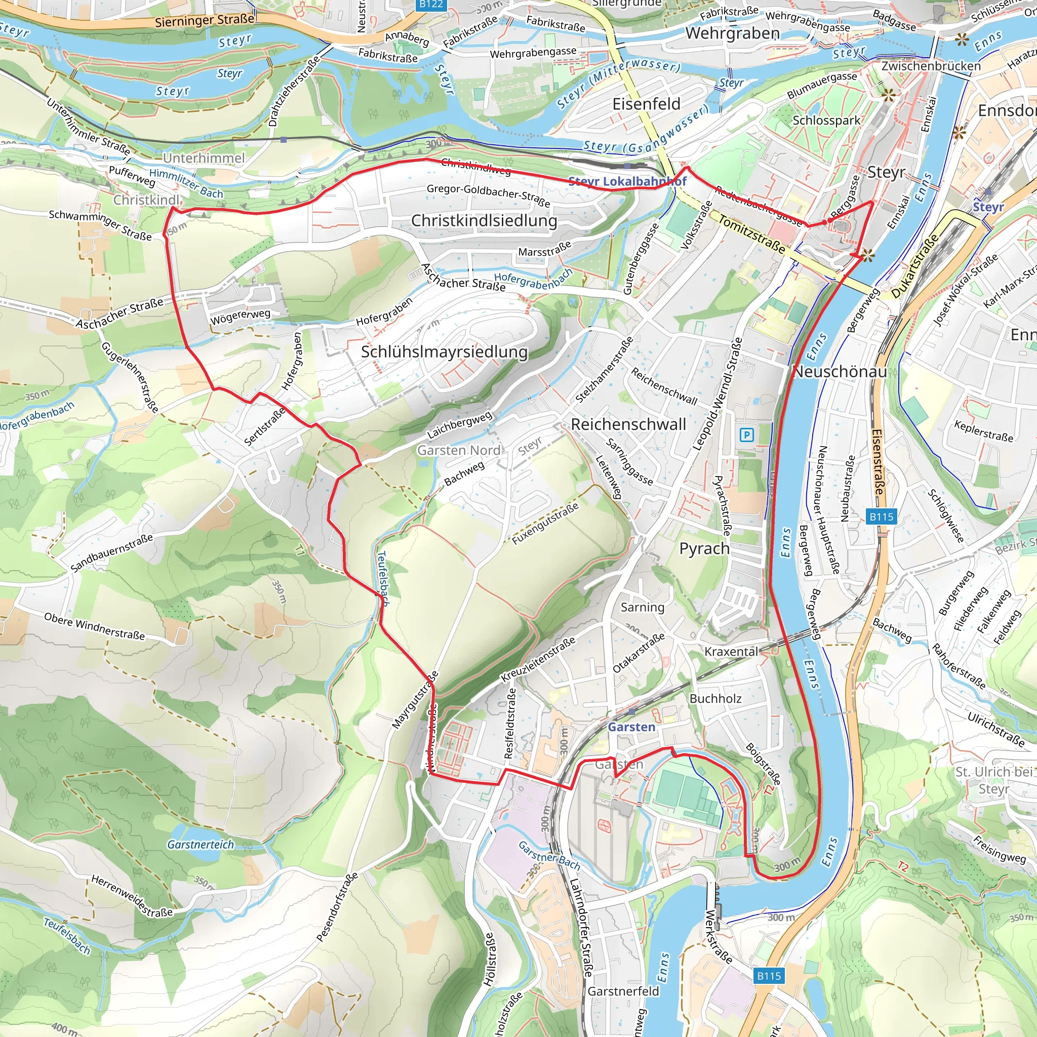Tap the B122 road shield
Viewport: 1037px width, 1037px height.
[x=431, y=4]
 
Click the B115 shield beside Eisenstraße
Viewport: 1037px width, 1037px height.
[x=882, y=517]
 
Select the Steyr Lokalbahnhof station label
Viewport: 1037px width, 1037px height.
[x=627, y=181]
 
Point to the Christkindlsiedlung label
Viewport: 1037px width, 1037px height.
[x=484, y=221]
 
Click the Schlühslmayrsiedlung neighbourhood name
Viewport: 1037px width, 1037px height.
[x=444, y=351]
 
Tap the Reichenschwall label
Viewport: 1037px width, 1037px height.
[x=628, y=424]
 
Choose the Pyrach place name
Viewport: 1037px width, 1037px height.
[x=704, y=548]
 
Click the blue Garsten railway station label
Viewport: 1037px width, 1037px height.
[x=631, y=727]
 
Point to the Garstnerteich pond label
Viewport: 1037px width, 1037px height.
[x=201, y=844]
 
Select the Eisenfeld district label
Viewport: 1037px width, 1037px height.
[x=646, y=104]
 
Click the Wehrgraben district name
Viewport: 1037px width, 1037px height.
[x=732, y=33]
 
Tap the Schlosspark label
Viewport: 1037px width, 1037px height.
[x=826, y=120]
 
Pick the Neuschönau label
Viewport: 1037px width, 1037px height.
[x=840, y=372]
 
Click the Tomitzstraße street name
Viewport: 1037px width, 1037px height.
[x=751, y=234]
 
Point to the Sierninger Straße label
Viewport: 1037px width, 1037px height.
[x=205, y=20]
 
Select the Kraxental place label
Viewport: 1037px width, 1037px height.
[x=731, y=652]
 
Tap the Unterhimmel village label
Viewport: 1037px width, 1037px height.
[x=204, y=158]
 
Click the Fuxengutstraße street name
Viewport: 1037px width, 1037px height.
[x=545, y=524]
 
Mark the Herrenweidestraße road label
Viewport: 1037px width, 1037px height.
[x=132, y=896]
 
